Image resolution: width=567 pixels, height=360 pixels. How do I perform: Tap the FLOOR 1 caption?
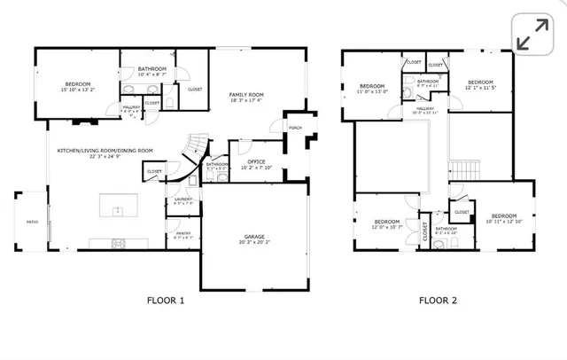click(x=165, y=301)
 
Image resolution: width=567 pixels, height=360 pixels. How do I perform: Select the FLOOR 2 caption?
click(x=438, y=301)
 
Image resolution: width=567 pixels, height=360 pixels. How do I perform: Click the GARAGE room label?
click(x=255, y=236)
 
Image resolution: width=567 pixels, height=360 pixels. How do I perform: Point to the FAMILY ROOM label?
click(x=246, y=94)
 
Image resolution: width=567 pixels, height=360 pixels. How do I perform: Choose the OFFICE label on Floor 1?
click(x=256, y=161)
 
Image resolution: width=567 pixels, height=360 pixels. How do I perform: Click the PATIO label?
click(x=31, y=222)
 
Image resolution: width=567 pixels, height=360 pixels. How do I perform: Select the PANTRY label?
click(x=183, y=233)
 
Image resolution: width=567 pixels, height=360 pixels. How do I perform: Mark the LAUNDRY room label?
click(x=183, y=199)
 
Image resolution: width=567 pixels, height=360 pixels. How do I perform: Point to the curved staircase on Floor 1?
click(x=192, y=151)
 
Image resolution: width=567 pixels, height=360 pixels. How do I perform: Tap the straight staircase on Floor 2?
click(x=466, y=168)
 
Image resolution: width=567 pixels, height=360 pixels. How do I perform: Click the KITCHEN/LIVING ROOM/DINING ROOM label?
click(x=105, y=151)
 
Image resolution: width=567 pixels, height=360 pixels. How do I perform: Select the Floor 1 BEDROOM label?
click(x=78, y=84)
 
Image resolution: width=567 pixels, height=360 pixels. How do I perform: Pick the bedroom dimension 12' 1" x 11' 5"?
click(x=479, y=88)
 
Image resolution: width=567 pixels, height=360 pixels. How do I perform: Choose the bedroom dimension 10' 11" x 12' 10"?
click(x=503, y=222)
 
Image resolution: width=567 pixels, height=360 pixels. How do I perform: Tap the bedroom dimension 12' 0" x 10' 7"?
click(x=385, y=227)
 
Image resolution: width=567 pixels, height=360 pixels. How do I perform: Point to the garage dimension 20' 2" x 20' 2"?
click(x=255, y=241)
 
